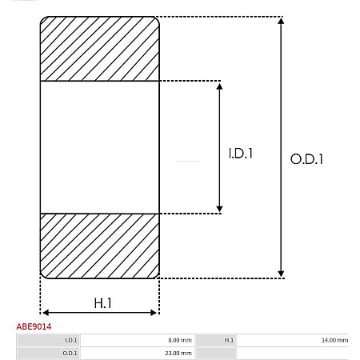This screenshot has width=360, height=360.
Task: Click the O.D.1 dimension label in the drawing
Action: [306, 159]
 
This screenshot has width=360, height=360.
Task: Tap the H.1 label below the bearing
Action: [102, 303]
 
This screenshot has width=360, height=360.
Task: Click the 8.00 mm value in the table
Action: [180, 340]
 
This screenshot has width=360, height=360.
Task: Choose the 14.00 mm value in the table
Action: [334, 340]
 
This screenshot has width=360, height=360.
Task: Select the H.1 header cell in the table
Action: [229, 340]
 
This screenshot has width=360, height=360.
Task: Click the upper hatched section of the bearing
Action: [100, 49]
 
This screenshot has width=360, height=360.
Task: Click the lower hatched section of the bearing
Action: [100, 246]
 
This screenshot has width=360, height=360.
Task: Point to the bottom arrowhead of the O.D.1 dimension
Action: [280, 274]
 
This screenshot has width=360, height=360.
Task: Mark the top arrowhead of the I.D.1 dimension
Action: [220, 86]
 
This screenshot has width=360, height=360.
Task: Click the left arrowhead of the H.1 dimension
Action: [45, 311]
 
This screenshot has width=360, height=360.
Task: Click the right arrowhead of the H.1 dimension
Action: [155, 311]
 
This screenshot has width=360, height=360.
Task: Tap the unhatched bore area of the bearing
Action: [100, 147]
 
